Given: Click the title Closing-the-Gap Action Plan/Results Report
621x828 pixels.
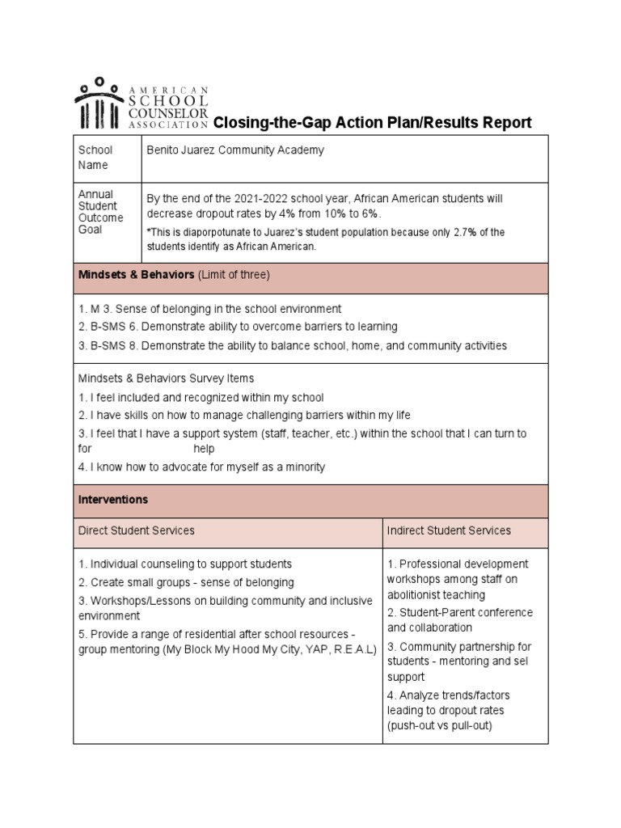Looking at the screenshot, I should click(x=372, y=123).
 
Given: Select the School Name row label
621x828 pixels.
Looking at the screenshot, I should click(x=95, y=158).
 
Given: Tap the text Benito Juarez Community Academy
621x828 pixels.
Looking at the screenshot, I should click(x=235, y=150).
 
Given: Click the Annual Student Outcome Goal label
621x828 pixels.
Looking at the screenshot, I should click(x=100, y=212).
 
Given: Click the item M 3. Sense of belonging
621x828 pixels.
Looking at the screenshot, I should click(x=209, y=309).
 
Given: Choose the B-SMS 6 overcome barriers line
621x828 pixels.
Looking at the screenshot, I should click(x=238, y=327).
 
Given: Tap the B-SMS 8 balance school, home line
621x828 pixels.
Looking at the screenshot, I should click(x=292, y=345).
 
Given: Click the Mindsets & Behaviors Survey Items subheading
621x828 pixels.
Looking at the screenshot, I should click(x=166, y=378).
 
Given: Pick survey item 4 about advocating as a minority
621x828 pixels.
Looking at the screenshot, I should click(x=201, y=467).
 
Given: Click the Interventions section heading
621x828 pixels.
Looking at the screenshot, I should click(x=113, y=500).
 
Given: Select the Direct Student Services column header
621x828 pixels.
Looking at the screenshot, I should click(x=136, y=530).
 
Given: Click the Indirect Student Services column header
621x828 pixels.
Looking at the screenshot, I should click(x=449, y=530).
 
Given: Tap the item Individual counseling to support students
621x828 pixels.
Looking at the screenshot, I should click(x=185, y=564).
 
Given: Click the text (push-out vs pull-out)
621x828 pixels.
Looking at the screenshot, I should click(x=439, y=725).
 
